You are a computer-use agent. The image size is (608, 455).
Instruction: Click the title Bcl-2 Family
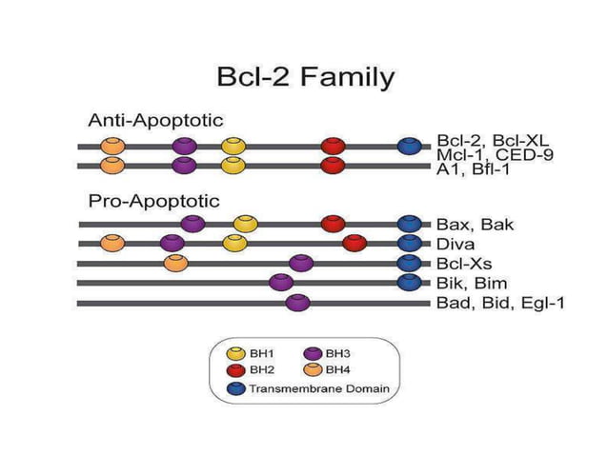coord(303,76)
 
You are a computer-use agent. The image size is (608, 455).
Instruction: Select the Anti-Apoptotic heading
coord(155,121)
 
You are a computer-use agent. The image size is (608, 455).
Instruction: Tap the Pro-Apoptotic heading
coord(153,201)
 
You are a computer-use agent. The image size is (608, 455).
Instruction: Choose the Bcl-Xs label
coord(466,264)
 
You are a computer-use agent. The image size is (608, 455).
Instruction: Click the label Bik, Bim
coord(472,283)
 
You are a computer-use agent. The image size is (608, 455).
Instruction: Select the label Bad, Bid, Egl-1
coord(500,303)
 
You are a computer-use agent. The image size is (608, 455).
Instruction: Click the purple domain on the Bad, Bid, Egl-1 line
coord(297,303)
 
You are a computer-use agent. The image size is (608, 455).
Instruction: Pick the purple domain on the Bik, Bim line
coord(280,282)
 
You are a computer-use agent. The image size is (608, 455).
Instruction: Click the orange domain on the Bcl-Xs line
coord(174,263)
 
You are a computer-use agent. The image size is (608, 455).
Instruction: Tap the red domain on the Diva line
coord(354,243)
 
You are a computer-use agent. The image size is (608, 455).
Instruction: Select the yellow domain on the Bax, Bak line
coord(244,224)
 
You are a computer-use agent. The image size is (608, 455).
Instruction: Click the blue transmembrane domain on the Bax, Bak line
coord(410,224)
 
